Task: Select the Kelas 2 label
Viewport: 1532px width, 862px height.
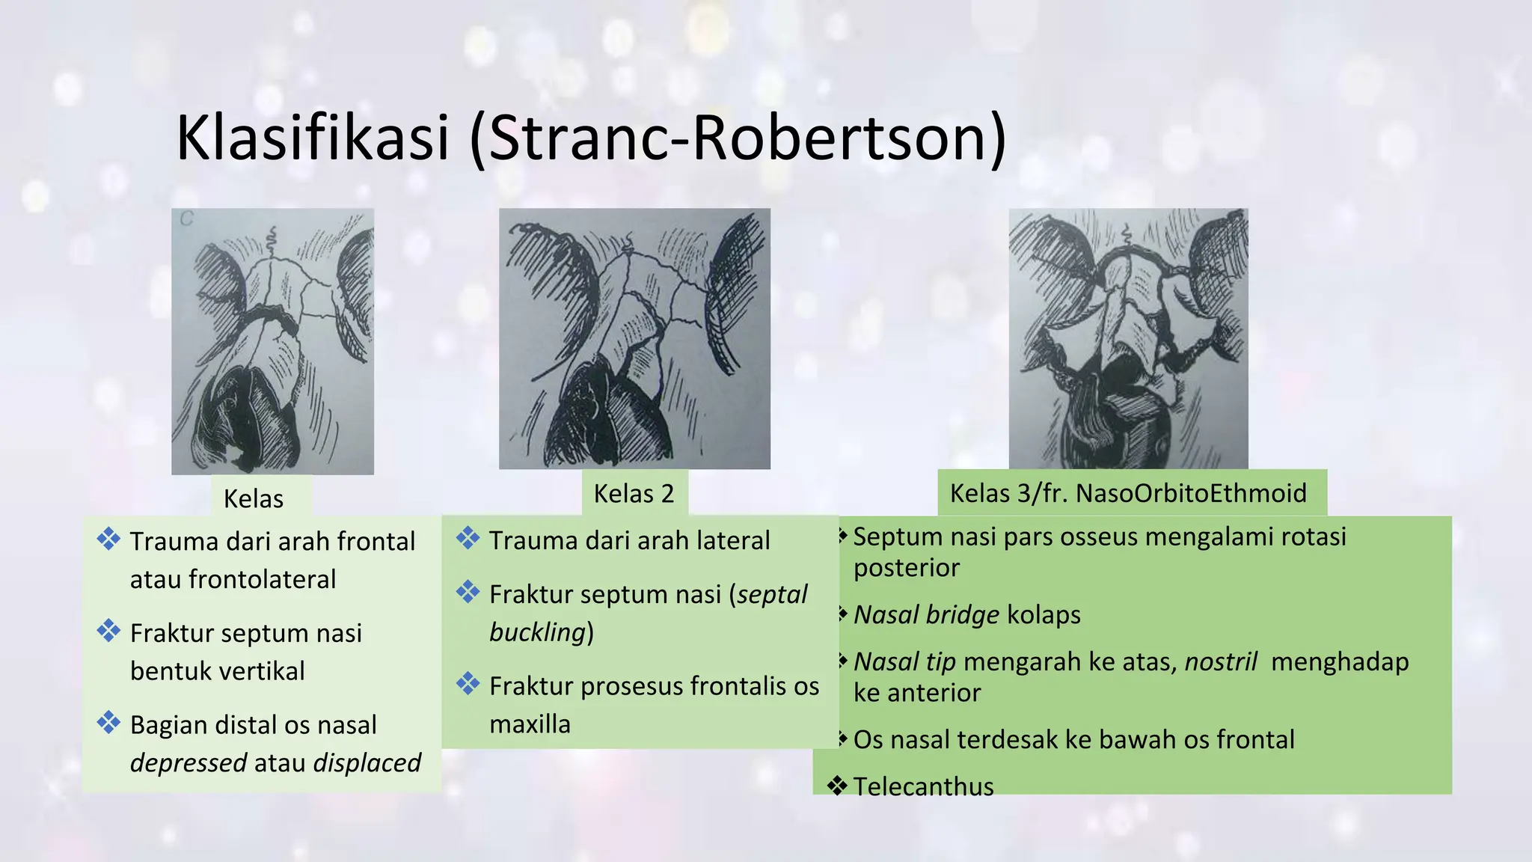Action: pyautogui.click(x=634, y=494)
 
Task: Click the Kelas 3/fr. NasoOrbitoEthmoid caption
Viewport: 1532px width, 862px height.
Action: pyautogui.click(x=1128, y=494)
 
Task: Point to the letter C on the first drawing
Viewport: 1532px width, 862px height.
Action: pyautogui.click(x=186, y=219)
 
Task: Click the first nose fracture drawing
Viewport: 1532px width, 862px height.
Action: pyautogui.click(x=272, y=341)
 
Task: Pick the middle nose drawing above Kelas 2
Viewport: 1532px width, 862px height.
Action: pyautogui.click(x=634, y=338)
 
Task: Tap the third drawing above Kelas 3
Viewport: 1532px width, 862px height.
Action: pyautogui.click(x=1128, y=338)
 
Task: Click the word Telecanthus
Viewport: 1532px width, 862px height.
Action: pyautogui.click(x=923, y=786)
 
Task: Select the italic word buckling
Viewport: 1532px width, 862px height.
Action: pyautogui.click(x=537, y=633)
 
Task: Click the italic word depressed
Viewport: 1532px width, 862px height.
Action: pyautogui.click(x=189, y=763)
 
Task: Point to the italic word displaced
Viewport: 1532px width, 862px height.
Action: pyautogui.click(x=367, y=763)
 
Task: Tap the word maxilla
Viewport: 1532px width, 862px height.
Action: pyautogui.click(x=530, y=724)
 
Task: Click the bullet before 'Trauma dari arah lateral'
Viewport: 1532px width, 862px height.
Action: pyautogui.click(x=468, y=538)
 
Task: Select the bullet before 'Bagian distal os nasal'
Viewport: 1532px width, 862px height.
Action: pyautogui.click(x=108, y=723)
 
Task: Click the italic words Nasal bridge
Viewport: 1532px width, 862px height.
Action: pyautogui.click(x=926, y=615)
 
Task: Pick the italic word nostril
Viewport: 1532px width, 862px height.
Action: pyautogui.click(x=1221, y=662)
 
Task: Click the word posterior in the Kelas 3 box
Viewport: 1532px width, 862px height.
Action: pyautogui.click(x=906, y=568)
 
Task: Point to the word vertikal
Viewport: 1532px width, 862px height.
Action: pyautogui.click(x=262, y=671)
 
